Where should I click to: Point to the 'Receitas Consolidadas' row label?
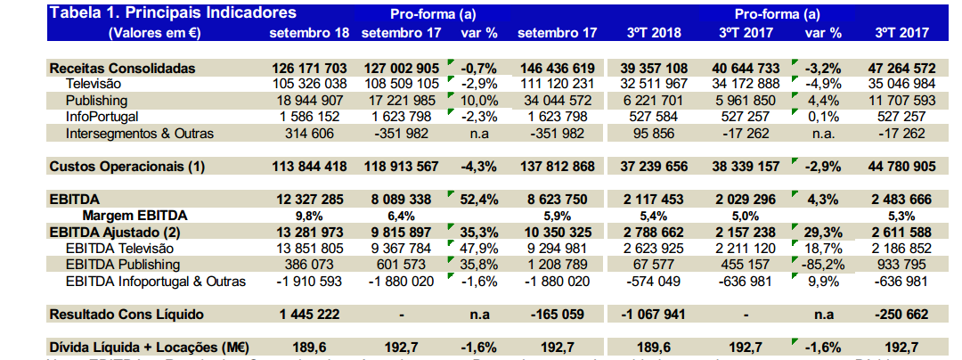[122, 69]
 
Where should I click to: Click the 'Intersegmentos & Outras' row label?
[140, 134]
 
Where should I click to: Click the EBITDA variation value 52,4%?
[480, 200]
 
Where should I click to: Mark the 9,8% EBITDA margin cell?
[309, 216]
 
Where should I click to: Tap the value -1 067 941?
[654, 314]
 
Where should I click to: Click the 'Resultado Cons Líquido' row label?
[126, 314]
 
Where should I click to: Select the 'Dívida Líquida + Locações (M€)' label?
[149, 347]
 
